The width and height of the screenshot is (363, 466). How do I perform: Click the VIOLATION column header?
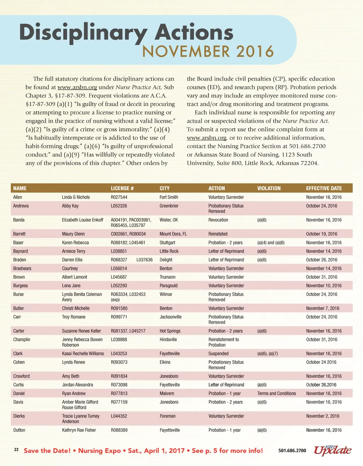(x=269, y=188)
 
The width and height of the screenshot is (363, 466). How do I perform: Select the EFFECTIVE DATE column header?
(x=324, y=188)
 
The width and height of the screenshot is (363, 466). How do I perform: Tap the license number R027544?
(x=119, y=197)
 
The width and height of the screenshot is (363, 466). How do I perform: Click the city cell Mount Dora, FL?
(x=173, y=234)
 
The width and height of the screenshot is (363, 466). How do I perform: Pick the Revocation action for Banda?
(x=218, y=220)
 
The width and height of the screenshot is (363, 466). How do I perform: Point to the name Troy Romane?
(x=74, y=317)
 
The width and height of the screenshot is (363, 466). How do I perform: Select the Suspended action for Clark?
(x=218, y=354)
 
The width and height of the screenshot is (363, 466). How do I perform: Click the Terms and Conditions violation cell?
(x=277, y=393)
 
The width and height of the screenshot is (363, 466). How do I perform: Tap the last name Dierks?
(x=19, y=416)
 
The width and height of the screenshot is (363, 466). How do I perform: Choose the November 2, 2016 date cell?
(x=323, y=416)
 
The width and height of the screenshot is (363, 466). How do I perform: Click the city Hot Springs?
(x=170, y=331)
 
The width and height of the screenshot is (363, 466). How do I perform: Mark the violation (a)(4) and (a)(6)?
(x=271, y=243)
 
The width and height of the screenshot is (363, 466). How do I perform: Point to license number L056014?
(x=119, y=268)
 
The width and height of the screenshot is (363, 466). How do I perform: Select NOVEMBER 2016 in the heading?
(x=208, y=52)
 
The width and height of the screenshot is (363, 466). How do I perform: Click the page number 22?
(x=16, y=450)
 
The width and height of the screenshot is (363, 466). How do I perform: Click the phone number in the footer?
(x=292, y=450)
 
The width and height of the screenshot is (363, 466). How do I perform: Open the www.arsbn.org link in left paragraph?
(x=77, y=87)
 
